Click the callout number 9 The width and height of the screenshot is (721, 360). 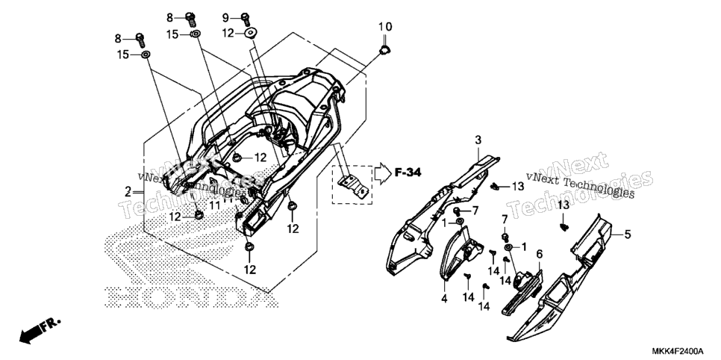coord(225,18)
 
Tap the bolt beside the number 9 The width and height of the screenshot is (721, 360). coord(246,19)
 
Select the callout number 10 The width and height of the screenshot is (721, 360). coord(385,27)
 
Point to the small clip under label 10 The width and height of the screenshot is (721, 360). coord(384,49)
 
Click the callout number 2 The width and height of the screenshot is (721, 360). coord(128,193)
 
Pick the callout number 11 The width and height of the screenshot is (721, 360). coord(215,205)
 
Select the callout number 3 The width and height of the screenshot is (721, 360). coord(478,140)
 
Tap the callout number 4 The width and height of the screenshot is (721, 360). coord(444,298)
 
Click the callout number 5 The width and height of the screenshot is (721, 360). coord(627,234)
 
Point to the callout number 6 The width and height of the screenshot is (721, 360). coord(539,254)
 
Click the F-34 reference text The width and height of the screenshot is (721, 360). coord(408,173)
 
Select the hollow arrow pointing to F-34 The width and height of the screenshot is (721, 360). coord(382,173)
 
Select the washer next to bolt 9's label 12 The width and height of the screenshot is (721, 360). coord(251,33)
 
